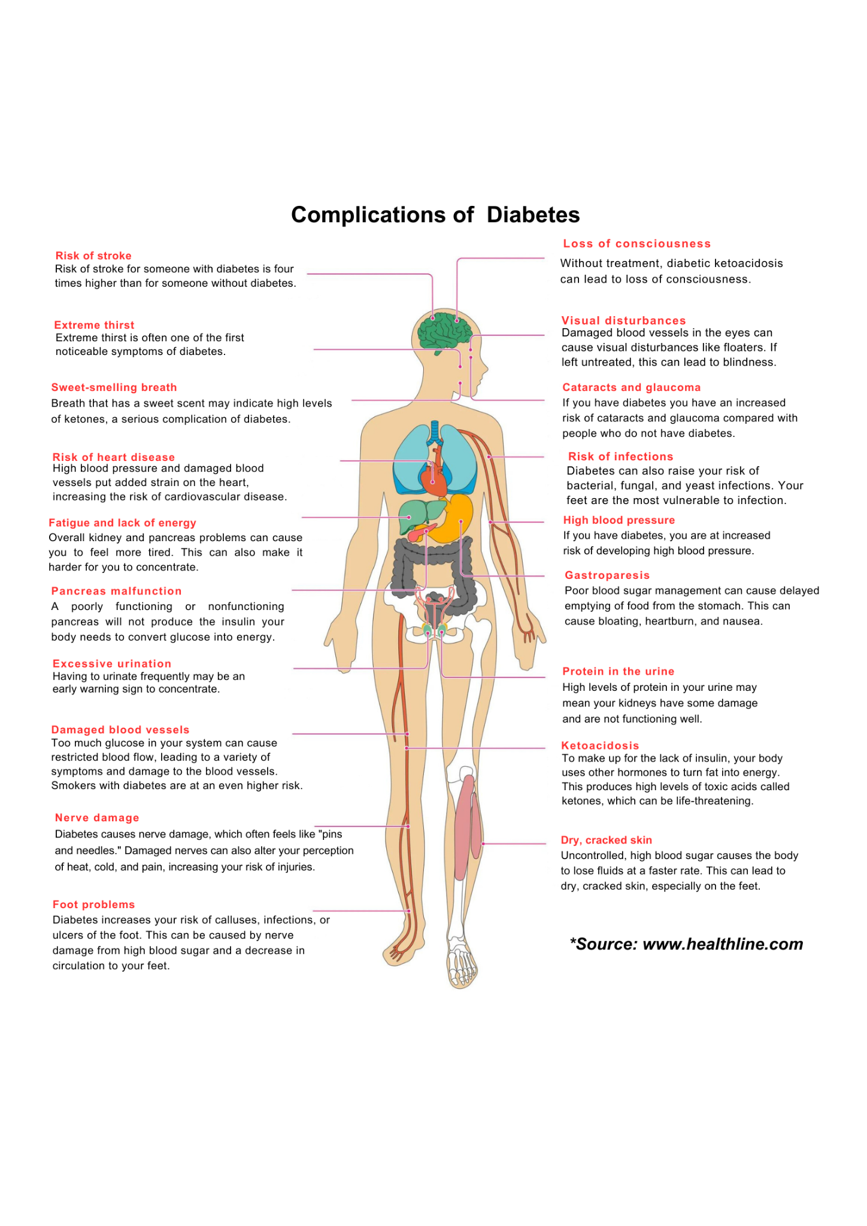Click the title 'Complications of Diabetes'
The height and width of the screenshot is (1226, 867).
[435, 215]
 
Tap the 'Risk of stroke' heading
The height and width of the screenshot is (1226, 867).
[93, 256]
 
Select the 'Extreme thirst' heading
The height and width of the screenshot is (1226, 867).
[94, 325]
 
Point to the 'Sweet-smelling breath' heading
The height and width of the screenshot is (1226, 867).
[114, 387]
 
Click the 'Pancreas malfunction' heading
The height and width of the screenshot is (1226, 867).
[116, 591]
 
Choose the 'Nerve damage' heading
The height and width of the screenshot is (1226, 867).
[97, 818]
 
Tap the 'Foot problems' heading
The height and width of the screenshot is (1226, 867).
[93, 905]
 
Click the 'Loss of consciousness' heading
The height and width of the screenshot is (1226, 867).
[637, 244]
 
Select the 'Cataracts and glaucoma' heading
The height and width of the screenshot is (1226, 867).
[631, 387]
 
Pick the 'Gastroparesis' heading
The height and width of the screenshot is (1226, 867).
[607, 575]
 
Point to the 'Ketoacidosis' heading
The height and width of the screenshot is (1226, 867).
[600, 745]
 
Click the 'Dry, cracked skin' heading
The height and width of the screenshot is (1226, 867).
[606, 840]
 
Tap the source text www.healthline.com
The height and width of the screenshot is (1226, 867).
[723, 944]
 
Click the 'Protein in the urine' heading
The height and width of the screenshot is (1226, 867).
[618, 671]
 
